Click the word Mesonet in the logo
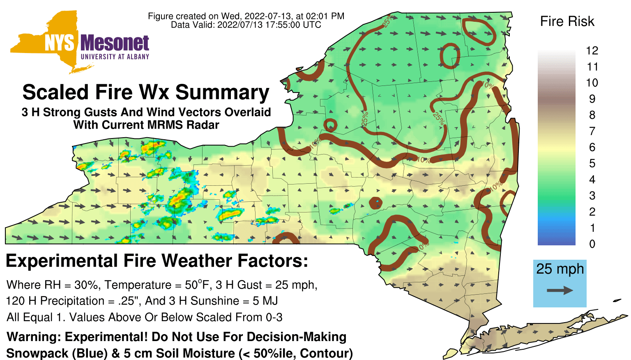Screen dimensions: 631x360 click(x=115, y=43)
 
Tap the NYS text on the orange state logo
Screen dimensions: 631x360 click(x=60, y=43)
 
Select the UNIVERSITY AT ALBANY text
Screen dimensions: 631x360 click(x=115, y=57)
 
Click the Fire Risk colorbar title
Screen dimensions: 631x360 click(x=567, y=21)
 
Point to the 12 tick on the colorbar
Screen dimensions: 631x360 click(x=592, y=51)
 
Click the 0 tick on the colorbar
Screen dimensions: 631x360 click(x=592, y=244)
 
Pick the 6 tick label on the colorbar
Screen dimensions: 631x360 click(x=592, y=147)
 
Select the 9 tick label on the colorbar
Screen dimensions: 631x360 click(x=592, y=99)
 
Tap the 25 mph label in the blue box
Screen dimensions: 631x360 click(x=560, y=269)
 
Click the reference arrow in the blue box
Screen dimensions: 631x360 click(x=560, y=291)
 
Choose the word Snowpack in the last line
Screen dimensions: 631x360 click(x=37, y=353)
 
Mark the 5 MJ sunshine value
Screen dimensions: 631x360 click(x=265, y=301)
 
